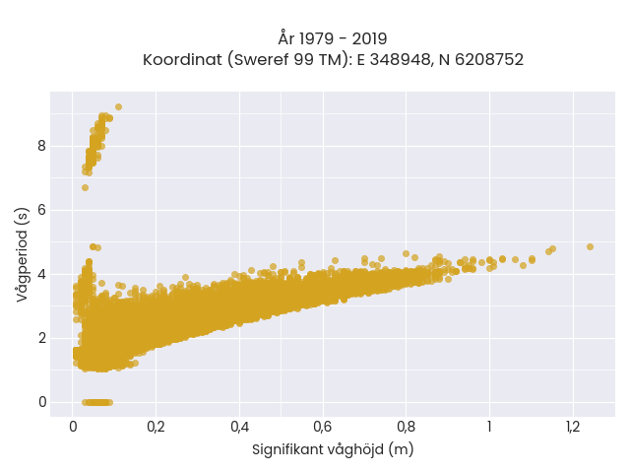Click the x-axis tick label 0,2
click(156, 427)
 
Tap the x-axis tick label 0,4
click(239, 427)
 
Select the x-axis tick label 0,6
click(323, 427)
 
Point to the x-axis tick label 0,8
click(406, 427)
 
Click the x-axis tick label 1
click(489, 427)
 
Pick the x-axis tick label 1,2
click(573, 427)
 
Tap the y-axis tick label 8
click(42, 146)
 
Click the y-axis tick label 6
click(42, 210)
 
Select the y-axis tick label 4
click(42, 274)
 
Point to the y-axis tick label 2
click(42, 338)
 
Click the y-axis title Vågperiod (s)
click(23, 254)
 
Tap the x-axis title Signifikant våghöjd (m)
click(333, 449)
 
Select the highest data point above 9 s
click(118, 106)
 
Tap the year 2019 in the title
click(370, 39)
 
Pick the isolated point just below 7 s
click(86, 187)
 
